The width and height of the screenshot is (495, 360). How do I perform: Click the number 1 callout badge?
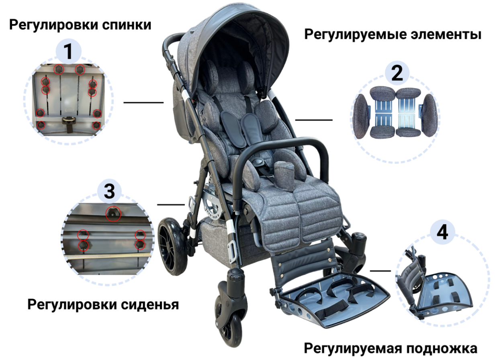[x=68, y=51]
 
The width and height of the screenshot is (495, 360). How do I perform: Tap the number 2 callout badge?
[x=397, y=73]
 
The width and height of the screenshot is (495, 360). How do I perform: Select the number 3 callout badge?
[x=109, y=191]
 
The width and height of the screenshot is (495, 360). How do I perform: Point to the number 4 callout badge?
[x=442, y=232]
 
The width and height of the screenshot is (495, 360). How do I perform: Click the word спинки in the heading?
[x=127, y=25]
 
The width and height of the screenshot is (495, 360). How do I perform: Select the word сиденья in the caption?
[x=150, y=305]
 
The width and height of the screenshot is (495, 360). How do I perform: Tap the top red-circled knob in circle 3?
[x=113, y=214]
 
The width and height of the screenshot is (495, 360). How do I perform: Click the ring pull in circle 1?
[x=68, y=120]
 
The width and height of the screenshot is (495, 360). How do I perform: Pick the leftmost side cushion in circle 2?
[x=361, y=117]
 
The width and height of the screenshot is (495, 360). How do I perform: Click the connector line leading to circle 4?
[x=380, y=270]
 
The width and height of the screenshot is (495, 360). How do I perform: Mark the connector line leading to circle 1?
[x=143, y=102]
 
